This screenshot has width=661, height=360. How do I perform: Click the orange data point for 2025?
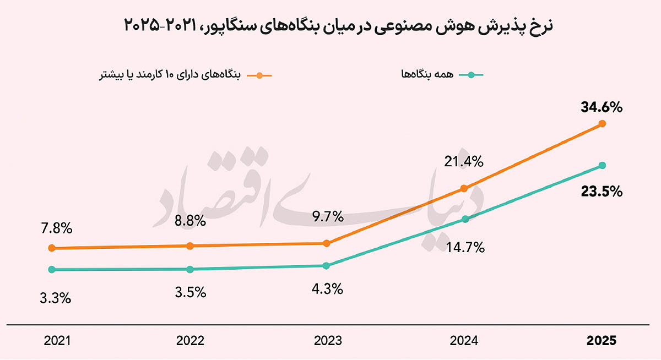(x=602, y=123)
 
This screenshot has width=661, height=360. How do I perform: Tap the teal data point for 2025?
(x=602, y=165)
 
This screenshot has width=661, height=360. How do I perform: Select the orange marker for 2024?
(x=464, y=188)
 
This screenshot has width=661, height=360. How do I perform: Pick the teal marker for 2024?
(x=465, y=219)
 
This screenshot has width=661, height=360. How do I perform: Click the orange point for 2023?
(x=326, y=243)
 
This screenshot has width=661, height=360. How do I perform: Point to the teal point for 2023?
(x=326, y=266)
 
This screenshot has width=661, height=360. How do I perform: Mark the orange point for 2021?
(x=52, y=248)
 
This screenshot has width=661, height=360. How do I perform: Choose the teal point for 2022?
(x=190, y=269)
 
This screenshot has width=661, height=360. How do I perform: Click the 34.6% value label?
(x=602, y=107)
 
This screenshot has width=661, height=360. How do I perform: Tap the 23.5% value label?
(x=602, y=192)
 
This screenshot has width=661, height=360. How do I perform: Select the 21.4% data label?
(x=464, y=162)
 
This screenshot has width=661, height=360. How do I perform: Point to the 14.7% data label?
(x=465, y=247)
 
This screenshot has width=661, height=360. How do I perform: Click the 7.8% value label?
(x=57, y=228)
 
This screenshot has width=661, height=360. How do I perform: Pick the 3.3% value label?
(x=56, y=298)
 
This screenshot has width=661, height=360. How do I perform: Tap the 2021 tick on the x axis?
(x=57, y=341)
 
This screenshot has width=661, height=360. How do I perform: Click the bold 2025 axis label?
(x=602, y=341)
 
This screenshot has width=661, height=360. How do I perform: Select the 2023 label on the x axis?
(x=328, y=341)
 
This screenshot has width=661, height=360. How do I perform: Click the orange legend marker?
(x=259, y=75)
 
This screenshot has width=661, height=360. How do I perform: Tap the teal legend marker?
(x=471, y=75)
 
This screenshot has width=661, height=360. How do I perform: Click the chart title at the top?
(x=338, y=26)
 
